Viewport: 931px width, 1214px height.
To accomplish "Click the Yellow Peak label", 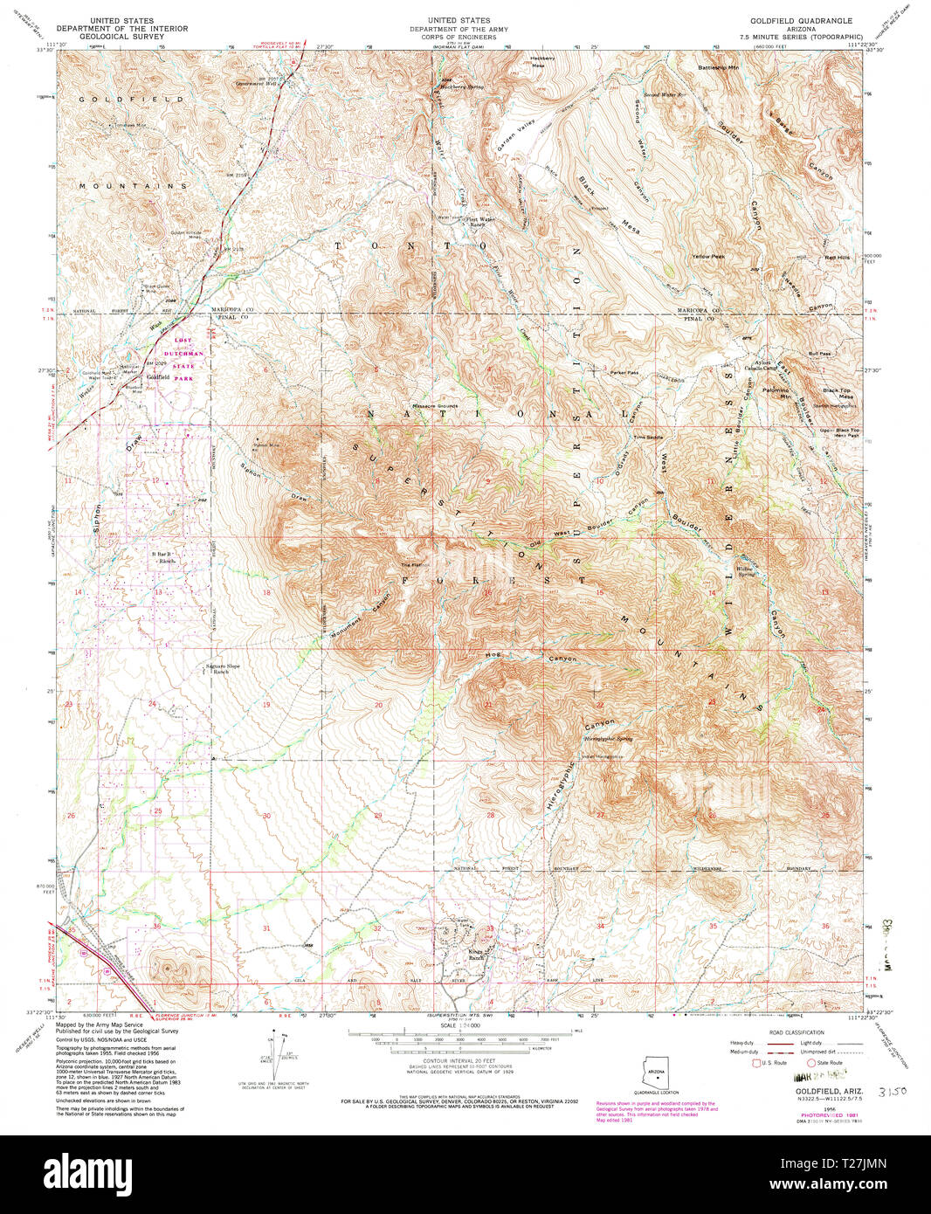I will tap(708, 256).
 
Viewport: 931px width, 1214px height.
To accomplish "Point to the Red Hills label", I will tap(838, 258).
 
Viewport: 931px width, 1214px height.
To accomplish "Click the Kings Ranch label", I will tap(475, 955).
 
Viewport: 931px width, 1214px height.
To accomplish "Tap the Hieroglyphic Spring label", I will tap(606, 739).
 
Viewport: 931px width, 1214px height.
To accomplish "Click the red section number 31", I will tap(266, 928).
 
